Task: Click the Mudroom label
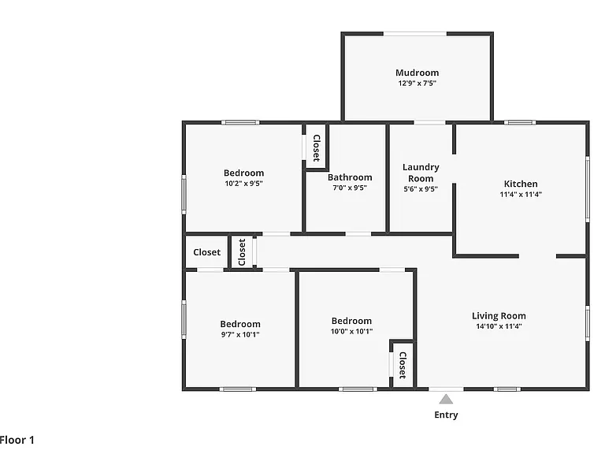coord(417,73)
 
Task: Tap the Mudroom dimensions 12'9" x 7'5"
coord(417,83)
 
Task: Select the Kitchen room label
coord(521,184)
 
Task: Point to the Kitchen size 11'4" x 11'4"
coord(521,195)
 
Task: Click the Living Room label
coord(499,316)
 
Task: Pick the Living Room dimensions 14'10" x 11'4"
coord(499,326)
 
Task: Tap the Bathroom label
coord(350,177)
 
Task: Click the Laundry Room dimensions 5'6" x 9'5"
coord(421,189)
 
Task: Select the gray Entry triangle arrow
coord(446,399)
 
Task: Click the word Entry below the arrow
coord(446,415)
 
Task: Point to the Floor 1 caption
coord(17,440)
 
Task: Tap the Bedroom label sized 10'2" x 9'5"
coord(244,173)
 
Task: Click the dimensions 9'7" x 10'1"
coord(240,335)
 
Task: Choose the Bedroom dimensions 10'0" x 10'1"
coord(351,331)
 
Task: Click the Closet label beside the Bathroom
coord(317,148)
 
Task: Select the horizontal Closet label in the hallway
coord(207,252)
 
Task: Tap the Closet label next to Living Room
coord(403,365)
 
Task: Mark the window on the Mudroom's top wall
coord(415,34)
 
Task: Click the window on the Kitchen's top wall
coord(520,123)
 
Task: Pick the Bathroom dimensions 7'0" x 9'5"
coord(350,188)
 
